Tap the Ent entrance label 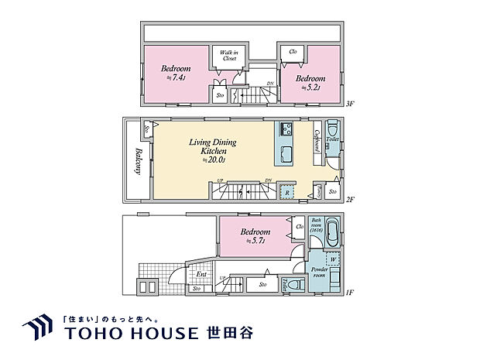click(x=201, y=273)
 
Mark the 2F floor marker click(x=349, y=200)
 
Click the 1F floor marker click(x=349, y=293)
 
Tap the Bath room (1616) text click(x=317, y=225)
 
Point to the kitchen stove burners click(x=284, y=129)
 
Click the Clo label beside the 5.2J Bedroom click(x=293, y=52)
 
